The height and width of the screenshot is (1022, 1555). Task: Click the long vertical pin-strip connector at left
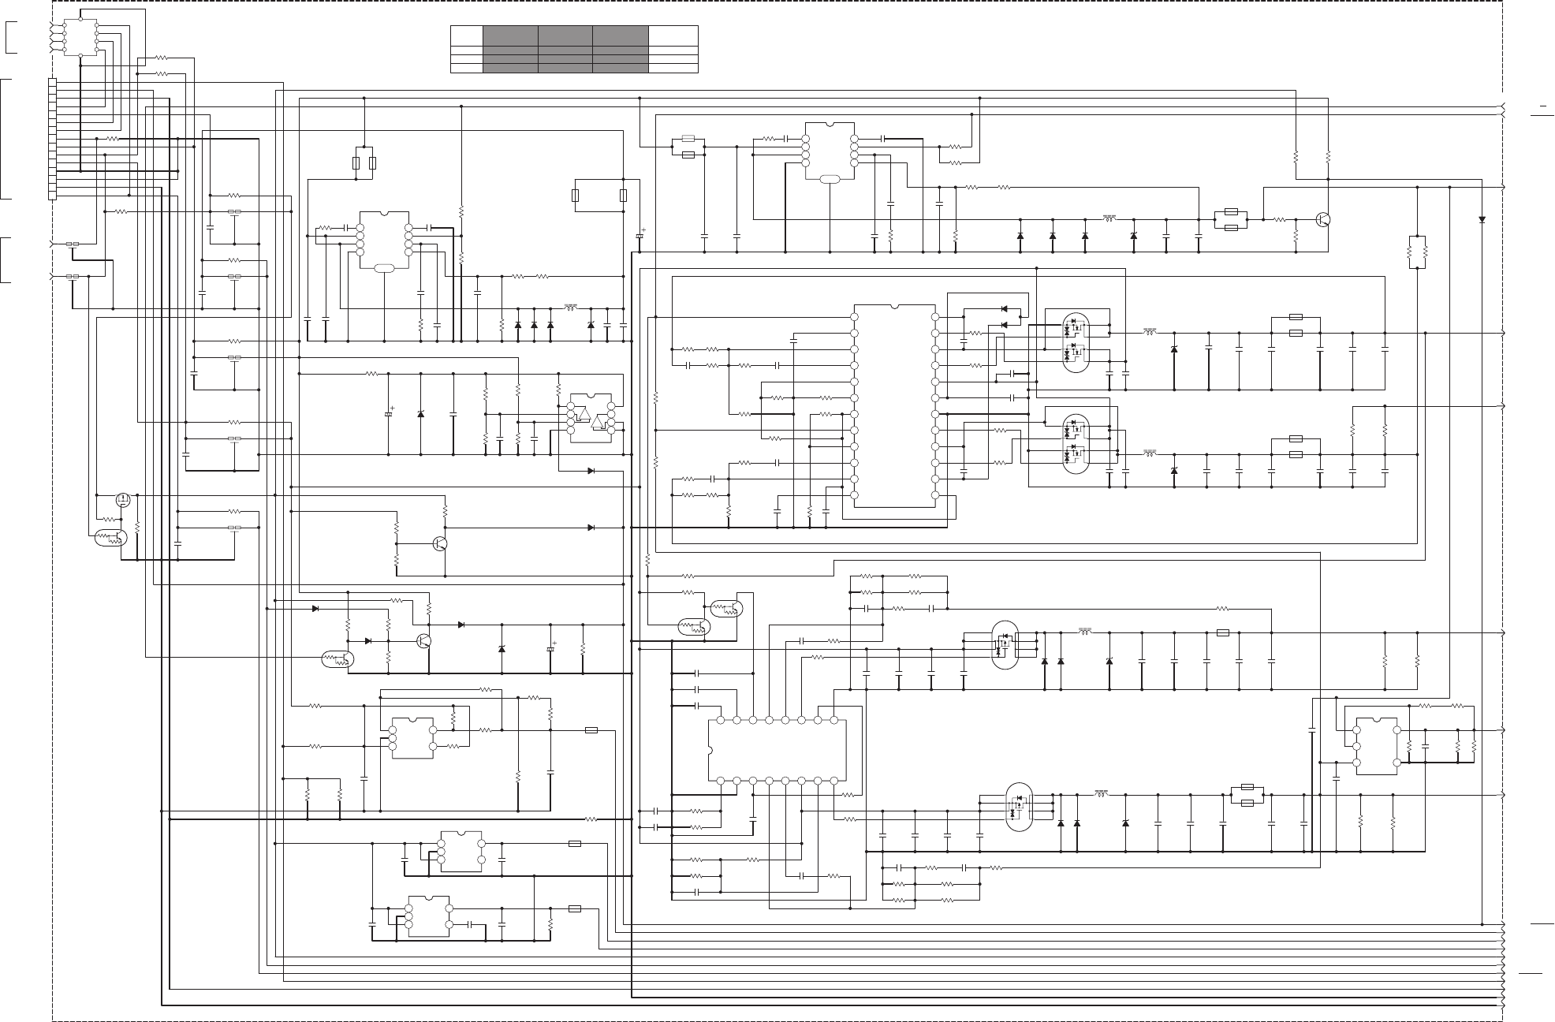point(52,139)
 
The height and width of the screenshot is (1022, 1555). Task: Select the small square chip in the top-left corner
point(80,36)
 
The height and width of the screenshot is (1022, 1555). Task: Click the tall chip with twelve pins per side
point(895,406)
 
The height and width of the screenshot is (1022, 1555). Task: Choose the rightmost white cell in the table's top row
point(673,35)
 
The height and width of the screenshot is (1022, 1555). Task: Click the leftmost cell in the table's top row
point(466,35)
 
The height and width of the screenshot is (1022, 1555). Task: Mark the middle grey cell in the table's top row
point(565,35)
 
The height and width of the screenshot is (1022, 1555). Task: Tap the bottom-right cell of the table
point(673,69)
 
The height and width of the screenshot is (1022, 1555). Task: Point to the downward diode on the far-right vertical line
point(1482,219)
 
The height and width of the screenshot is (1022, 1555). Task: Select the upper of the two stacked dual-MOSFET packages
point(1075,339)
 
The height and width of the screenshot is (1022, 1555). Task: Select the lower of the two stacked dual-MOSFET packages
point(1075,443)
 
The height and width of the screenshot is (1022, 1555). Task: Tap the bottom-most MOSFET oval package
point(1019,806)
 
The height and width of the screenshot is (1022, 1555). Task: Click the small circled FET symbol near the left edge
point(123,499)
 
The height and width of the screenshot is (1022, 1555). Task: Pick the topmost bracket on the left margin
point(9,38)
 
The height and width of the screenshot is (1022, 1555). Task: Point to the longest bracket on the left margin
point(6,139)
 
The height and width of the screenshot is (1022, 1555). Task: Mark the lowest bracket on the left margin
point(6,259)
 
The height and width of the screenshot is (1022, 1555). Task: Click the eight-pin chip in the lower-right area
point(1376,746)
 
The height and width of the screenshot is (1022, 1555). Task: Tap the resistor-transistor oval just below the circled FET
point(110,539)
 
